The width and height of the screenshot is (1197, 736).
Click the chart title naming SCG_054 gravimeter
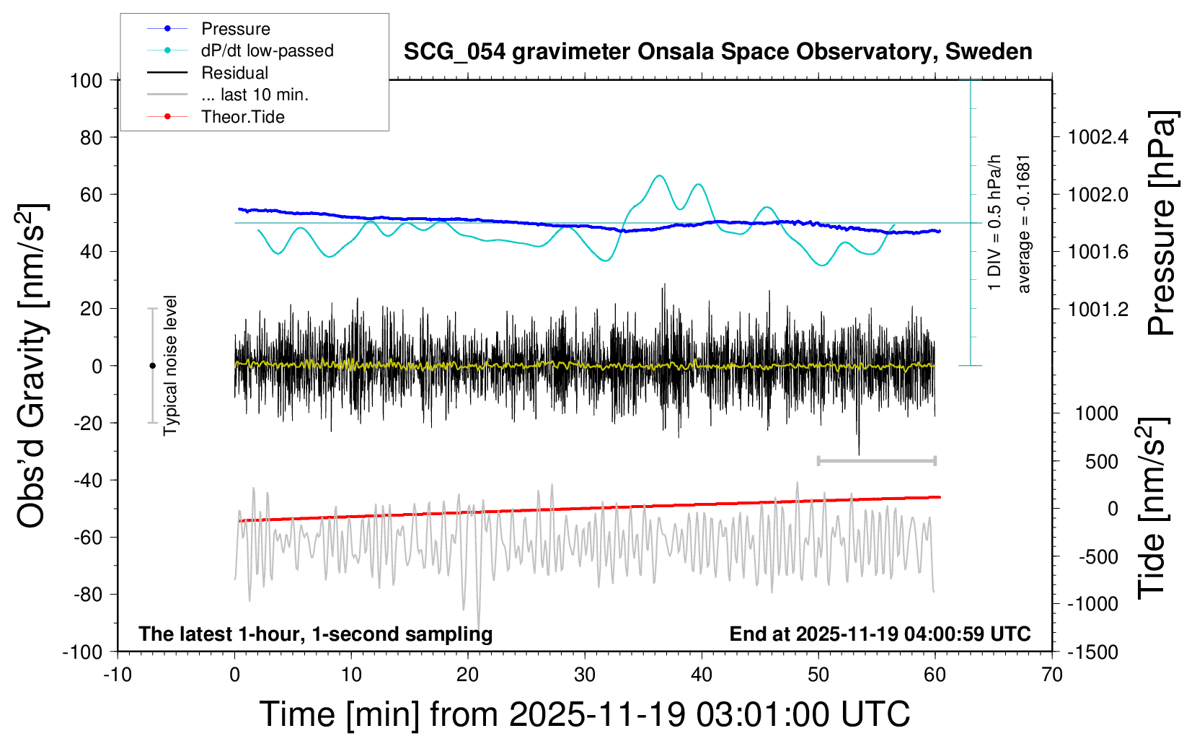click(717, 52)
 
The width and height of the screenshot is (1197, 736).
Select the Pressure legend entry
click(235, 29)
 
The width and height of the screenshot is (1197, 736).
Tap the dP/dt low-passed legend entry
click(267, 51)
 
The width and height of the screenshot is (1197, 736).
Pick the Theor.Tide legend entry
click(242, 117)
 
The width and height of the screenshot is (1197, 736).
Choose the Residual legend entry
click(234, 73)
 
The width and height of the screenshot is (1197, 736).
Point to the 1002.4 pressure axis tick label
click(1097, 137)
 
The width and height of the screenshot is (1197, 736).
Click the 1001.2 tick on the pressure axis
click(1097, 310)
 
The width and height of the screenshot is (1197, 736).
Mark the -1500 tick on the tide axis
click(1092, 652)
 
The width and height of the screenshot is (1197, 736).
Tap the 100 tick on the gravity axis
click(86, 80)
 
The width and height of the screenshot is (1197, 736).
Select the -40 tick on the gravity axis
click(88, 481)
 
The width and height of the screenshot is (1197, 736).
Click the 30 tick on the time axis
click(585, 675)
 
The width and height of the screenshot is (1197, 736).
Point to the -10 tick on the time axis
click(118, 675)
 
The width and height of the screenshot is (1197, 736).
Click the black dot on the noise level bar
click(152, 366)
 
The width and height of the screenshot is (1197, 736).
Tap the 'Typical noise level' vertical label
click(170, 365)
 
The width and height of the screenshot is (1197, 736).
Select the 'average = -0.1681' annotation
click(1024, 224)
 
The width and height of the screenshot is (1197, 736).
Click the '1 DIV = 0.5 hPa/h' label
click(995, 222)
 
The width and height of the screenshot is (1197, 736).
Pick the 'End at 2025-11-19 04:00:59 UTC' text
click(880, 634)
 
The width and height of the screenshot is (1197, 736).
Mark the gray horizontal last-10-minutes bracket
click(876, 460)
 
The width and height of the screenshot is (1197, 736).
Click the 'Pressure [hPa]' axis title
click(1160, 223)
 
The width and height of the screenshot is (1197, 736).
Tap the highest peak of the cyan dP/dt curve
click(659, 175)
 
